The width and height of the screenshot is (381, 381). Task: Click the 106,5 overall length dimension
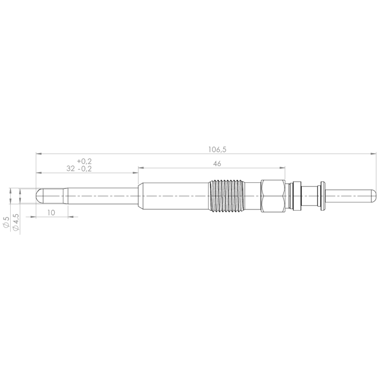click(x=217, y=149)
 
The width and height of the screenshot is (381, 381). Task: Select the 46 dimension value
click(x=217, y=164)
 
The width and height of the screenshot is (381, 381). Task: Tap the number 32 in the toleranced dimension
click(x=70, y=168)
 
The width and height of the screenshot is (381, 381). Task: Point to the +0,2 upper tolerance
click(x=85, y=161)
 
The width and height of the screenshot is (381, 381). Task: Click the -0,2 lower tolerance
click(x=85, y=168)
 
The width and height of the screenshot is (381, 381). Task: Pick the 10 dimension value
click(x=51, y=213)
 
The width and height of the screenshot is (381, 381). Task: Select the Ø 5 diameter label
click(x=6, y=222)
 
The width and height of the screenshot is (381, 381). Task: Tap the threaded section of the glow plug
click(x=226, y=196)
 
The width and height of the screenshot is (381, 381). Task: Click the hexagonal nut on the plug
click(x=273, y=196)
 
